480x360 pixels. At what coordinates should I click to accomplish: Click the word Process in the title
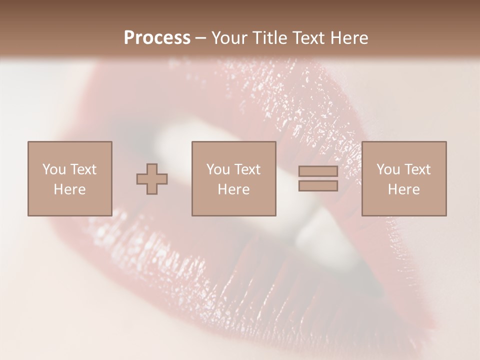(x=157, y=38)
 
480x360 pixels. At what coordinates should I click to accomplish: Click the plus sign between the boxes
(x=152, y=179)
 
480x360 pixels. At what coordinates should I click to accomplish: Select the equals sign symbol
(x=318, y=178)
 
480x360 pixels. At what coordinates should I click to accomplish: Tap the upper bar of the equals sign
(x=318, y=171)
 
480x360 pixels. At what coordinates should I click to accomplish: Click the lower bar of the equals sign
(x=318, y=185)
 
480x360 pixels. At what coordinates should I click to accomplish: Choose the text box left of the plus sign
(x=69, y=178)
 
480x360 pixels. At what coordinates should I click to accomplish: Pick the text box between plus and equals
(x=233, y=178)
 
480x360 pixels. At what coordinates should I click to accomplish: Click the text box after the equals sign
(x=403, y=178)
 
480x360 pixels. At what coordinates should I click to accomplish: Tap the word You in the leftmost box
(x=53, y=169)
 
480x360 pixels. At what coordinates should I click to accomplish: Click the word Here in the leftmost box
(x=69, y=189)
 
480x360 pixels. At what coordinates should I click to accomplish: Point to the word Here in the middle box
(x=233, y=189)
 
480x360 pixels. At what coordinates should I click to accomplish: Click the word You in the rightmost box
(x=387, y=169)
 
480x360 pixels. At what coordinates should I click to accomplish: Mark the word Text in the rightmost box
(x=417, y=169)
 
